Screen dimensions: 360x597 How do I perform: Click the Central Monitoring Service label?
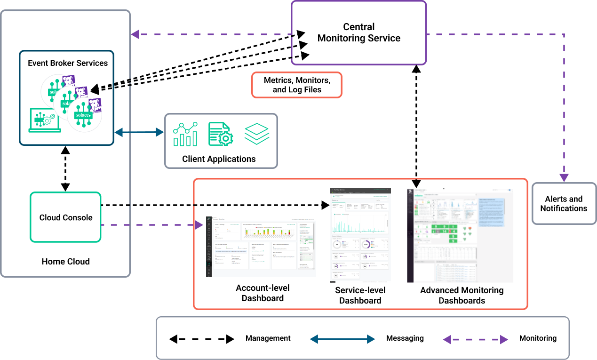tap(359, 32)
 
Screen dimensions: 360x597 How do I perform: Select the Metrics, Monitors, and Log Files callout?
tap(297, 85)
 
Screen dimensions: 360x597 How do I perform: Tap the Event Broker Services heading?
tap(68, 63)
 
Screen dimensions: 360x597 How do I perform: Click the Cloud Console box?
tap(66, 217)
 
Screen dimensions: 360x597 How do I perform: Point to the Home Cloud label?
tap(65, 261)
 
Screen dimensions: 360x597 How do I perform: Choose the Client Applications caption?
tap(219, 159)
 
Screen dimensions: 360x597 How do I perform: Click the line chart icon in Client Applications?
tap(185, 134)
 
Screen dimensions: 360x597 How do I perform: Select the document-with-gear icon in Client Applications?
tap(221, 134)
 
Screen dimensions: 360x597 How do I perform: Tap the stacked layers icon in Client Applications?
tap(257, 134)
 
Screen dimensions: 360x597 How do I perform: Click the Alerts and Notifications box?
tap(564, 204)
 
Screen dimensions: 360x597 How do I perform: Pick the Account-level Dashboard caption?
tap(263, 293)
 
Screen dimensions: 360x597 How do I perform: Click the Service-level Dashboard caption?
tap(360, 296)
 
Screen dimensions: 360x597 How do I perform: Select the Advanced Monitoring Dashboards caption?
tap(462, 295)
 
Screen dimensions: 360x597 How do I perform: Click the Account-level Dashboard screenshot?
tap(261, 246)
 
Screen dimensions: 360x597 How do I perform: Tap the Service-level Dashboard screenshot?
tap(360, 235)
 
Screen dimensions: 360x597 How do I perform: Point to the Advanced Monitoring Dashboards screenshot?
tap(460, 235)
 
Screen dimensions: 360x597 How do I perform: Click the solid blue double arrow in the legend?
tap(342, 339)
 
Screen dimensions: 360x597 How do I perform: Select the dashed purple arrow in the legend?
tap(476, 339)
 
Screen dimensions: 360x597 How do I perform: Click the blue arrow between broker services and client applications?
tap(139, 132)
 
